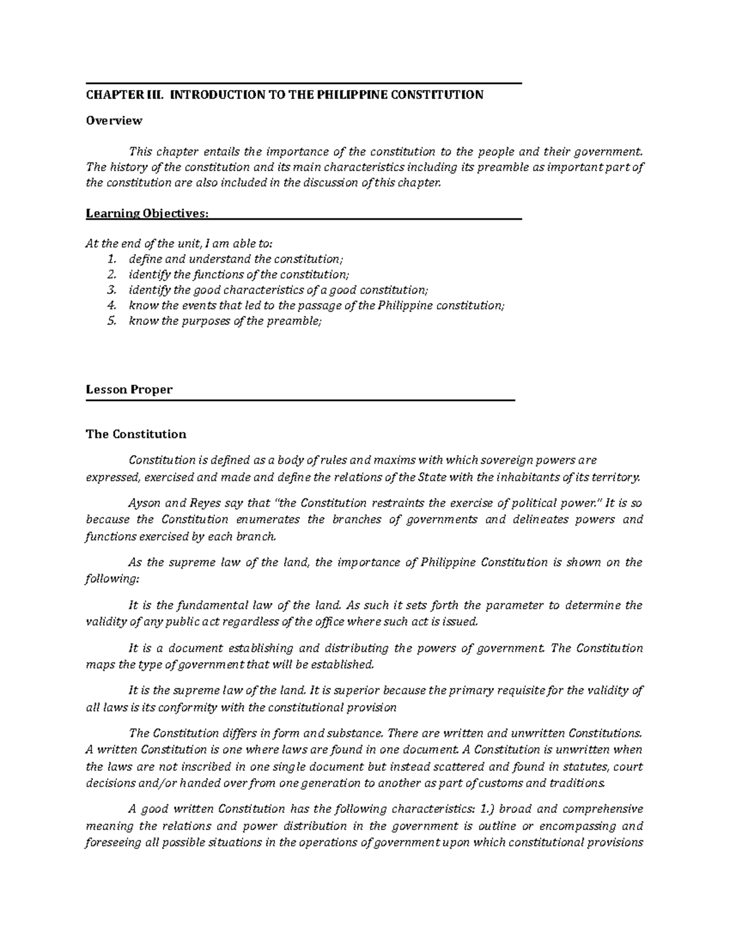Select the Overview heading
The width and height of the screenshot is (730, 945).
114,120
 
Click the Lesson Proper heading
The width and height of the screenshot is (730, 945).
129,389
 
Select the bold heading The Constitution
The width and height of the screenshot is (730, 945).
136,434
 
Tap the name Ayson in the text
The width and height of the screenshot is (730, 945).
144,503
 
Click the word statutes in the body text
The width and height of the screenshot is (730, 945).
586,767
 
